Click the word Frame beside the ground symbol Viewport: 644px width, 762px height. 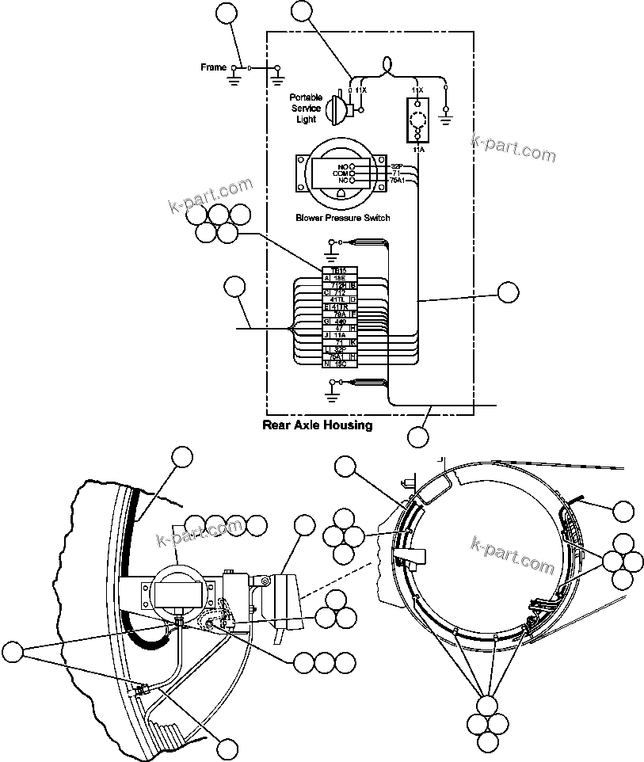coord(213,68)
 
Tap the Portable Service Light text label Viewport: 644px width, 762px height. coord(306,109)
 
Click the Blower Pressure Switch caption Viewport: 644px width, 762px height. coord(342,218)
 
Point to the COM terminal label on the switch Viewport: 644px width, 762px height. coord(343,173)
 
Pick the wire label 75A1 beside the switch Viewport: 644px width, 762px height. coord(397,181)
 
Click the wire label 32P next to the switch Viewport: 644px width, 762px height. coord(397,166)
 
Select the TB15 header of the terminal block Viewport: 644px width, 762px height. coord(340,270)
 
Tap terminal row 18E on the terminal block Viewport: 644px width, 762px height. coord(339,278)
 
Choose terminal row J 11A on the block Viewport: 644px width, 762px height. coord(339,335)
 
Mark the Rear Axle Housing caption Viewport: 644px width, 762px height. coord(317,425)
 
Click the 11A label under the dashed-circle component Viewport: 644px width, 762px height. coord(417,148)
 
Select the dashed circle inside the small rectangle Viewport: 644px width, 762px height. coord(417,120)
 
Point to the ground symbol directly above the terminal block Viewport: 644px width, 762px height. coord(331,246)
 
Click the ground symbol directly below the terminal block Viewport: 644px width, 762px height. coord(331,387)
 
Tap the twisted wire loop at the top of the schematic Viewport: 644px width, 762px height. coord(388,64)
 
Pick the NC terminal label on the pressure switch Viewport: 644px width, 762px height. coord(343,181)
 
